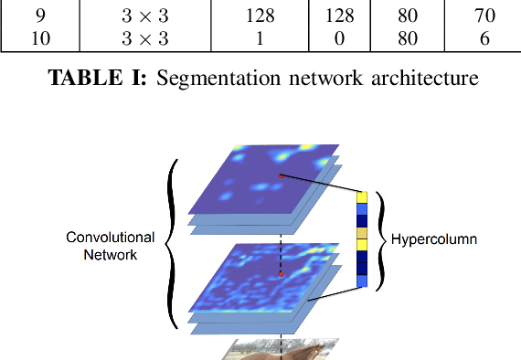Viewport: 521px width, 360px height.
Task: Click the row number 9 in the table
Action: pyautogui.click(x=39, y=16)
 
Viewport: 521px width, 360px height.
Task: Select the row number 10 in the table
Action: pyautogui.click(x=39, y=37)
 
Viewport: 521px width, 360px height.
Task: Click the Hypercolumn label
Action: pyautogui.click(x=434, y=240)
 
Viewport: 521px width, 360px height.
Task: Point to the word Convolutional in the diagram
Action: pyautogui.click(x=111, y=237)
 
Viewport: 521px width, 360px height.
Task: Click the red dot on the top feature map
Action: pyautogui.click(x=281, y=175)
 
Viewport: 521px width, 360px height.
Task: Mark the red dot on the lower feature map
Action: pyautogui.click(x=281, y=273)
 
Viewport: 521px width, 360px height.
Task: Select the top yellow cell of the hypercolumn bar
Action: pyautogui.click(x=362, y=197)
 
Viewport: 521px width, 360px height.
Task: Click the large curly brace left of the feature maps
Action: pyautogui.click(x=171, y=242)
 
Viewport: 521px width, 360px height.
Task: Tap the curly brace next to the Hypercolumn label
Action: pyautogui.click(x=381, y=240)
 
